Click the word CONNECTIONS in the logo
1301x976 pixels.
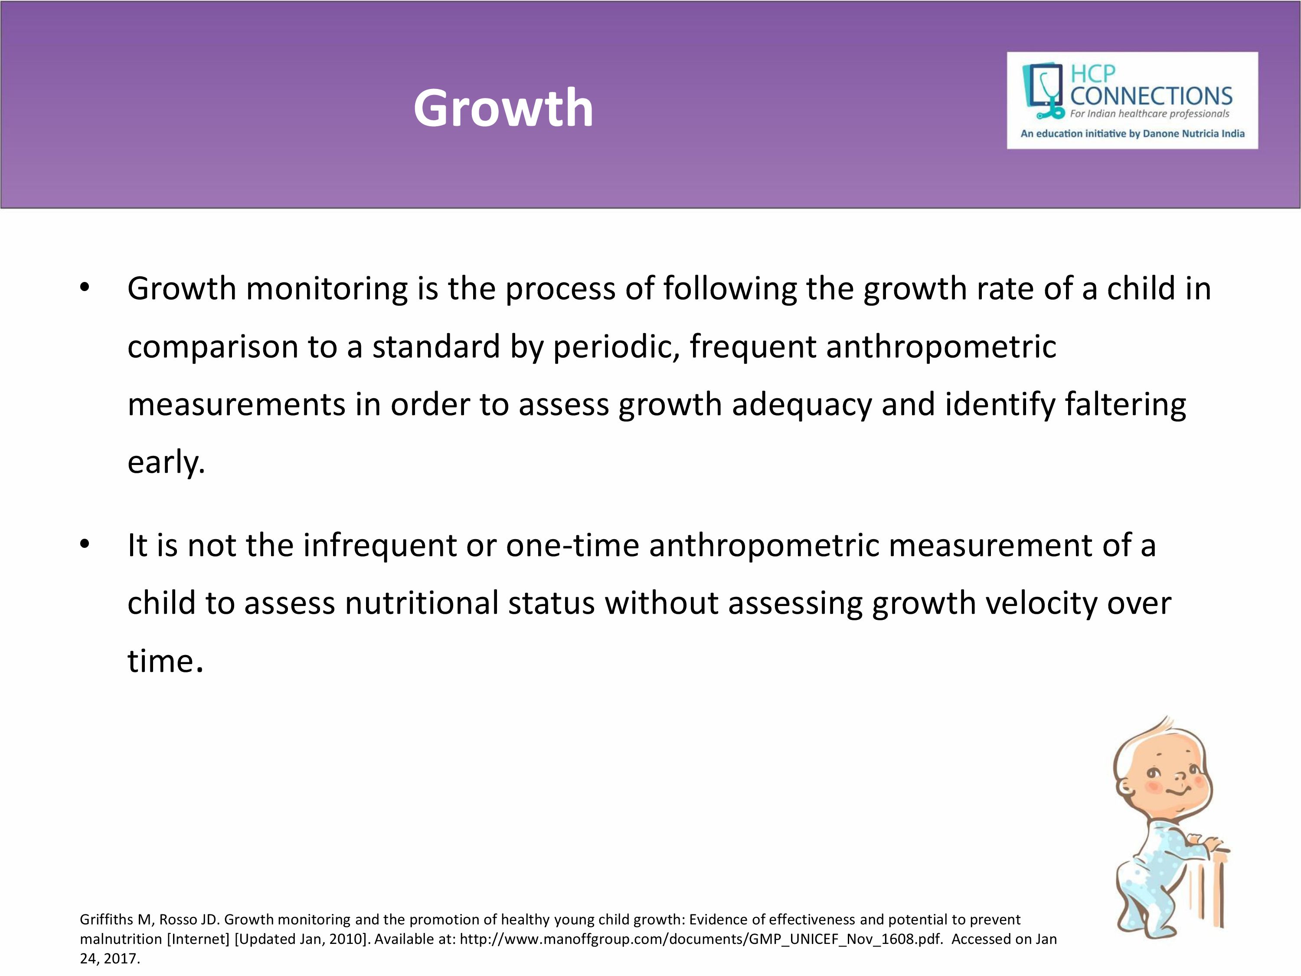pos(1151,96)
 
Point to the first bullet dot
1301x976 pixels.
pos(85,288)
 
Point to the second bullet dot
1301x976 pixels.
pos(85,545)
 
